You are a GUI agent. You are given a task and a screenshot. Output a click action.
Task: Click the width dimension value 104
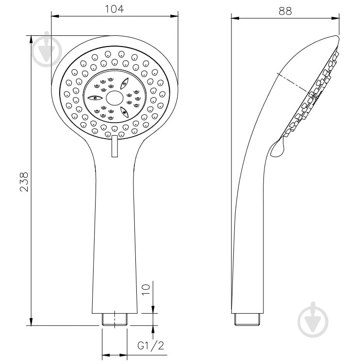(x=115, y=9)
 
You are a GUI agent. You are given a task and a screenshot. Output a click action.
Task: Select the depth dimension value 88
(x=285, y=11)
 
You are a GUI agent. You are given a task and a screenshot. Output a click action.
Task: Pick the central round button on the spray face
(x=115, y=98)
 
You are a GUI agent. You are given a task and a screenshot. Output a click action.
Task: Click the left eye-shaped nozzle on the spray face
(x=95, y=98)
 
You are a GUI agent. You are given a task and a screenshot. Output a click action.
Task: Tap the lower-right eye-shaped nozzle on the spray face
(x=125, y=112)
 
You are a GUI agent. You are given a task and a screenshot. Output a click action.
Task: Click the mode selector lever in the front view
(x=115, y=146)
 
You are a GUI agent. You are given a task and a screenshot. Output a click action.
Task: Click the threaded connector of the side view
(x=247, y=319)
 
